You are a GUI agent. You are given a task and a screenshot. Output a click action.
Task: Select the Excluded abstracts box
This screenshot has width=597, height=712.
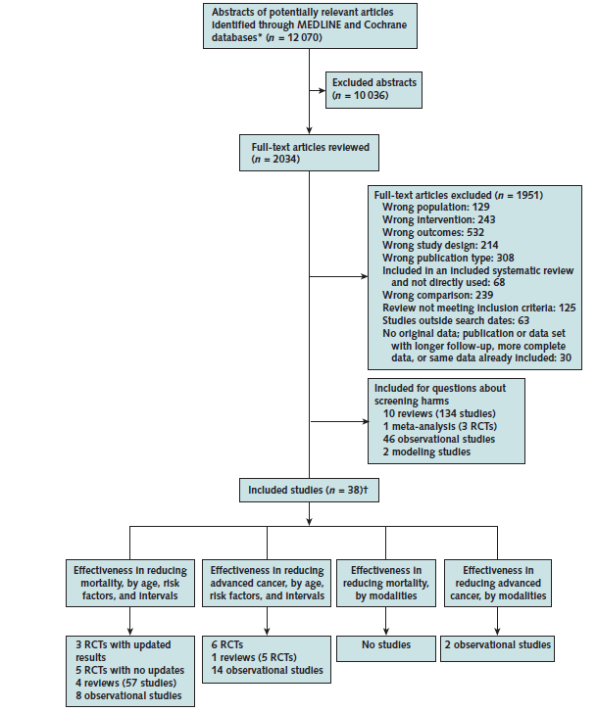pyautogui.click(x=373, y=90)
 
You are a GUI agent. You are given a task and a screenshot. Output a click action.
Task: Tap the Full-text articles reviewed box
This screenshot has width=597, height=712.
pyautogui.click(x=309, y=153)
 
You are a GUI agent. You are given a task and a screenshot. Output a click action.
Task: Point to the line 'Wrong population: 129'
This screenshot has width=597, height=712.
pyautogui.click(x=436, y=207)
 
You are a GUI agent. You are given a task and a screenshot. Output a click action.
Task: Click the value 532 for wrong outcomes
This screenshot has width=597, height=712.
pyautogui.click(x=475, y=232)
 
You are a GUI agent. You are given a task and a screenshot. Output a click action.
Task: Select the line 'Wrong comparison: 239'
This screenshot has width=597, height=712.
pyautogui.click(x=438, y=295)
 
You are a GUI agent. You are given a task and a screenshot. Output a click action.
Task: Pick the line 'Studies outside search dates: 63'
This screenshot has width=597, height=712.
pyautogui.click(x=456, y=320)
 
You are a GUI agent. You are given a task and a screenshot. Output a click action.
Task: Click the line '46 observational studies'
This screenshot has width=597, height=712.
pyautogui.click(x=439, y=439)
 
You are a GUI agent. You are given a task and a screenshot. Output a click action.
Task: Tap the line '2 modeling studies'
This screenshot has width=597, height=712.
pyautogui.click(x=426, y=451)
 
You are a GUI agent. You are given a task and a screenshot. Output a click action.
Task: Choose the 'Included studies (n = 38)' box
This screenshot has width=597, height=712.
pyautogui.click(x=309, y=490)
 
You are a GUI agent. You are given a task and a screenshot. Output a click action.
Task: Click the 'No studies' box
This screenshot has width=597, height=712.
pyautogui.click(x=386, y=648)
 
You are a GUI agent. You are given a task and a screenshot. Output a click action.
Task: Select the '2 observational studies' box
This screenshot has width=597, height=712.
pyautogui.click(x=497, y=648)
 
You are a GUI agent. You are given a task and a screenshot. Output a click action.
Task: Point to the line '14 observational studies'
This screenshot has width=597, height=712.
pyautogui.click(x=267, y=670)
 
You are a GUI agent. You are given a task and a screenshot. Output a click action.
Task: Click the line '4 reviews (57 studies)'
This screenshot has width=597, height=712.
pyautogui.click(x=125, y=683)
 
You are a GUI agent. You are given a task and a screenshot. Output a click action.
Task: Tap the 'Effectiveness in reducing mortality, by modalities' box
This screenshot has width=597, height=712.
pyautogui.click(x=386, y=583)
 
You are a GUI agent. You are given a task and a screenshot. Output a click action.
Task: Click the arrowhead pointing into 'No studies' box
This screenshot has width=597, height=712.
pyautogui.click(x=386, y=632)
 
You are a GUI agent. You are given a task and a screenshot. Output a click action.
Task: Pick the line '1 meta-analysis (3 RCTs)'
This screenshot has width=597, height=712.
pyautogui.click(x=440, y=426)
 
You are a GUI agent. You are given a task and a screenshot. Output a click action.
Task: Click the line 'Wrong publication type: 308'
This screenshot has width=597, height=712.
pyautogui.click(x=448, y=258)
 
